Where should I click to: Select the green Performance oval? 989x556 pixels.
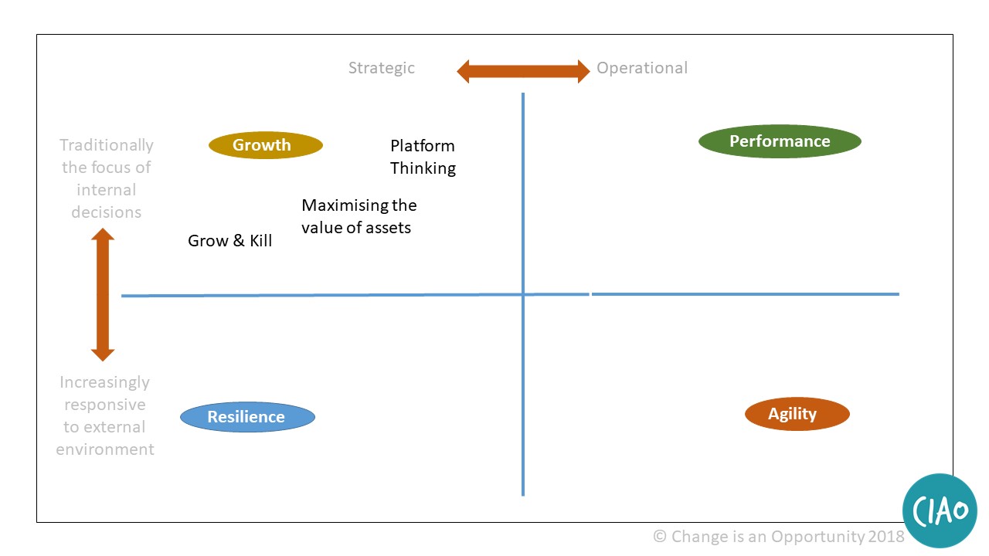pos(780,141)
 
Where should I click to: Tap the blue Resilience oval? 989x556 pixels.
pos(247,417)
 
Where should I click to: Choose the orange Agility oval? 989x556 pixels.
pos(797,414)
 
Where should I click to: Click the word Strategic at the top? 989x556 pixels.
pos(381,68)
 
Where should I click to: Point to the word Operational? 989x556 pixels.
pos(641,68)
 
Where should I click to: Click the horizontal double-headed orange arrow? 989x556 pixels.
pos(523,72)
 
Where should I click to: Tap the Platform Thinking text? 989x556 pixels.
pos(423,157)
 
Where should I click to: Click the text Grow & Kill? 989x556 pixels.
pos(230,241)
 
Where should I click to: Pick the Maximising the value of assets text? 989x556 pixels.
pos(358,216)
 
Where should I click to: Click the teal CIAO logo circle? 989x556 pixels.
pos(940,511)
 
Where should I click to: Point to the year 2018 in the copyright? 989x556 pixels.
pos(886,536)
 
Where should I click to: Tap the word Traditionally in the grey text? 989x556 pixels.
pos(107,145)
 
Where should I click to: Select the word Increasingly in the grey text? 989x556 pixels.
pos(105,382)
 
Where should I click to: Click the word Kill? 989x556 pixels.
pos(260,241)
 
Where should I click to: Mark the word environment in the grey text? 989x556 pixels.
pos(105,449)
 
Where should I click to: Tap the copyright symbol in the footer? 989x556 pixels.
pos(660,536)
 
